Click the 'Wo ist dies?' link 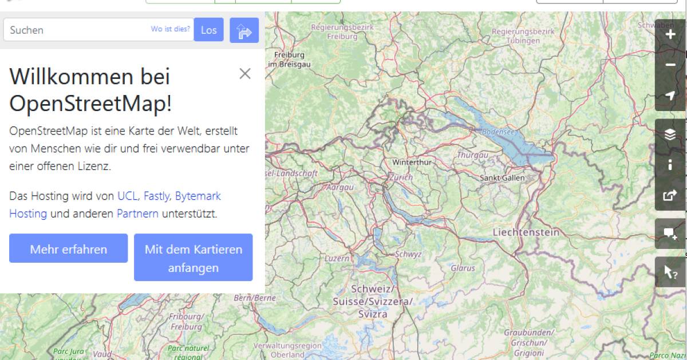click(170, 29)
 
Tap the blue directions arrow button click(244, 30)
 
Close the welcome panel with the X click(245, 73)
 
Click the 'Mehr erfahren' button click(68, 250)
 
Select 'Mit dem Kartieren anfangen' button click(193, 258)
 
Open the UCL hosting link click(127, 196)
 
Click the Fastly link click(156, 196)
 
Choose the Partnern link click(137, 213)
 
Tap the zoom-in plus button click(670, 35)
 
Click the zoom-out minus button click(670, 65)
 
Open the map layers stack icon click(670, 134)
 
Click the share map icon click(670, 195)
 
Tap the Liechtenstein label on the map click(526, 232)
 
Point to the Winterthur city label click(411, 163)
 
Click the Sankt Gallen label click(502, 178)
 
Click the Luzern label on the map click(337, 258)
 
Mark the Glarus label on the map click(463, 267)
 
